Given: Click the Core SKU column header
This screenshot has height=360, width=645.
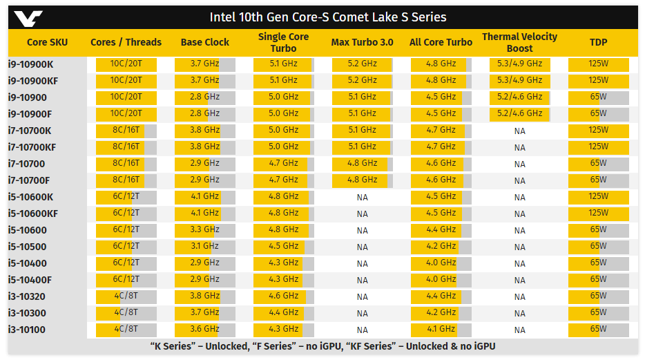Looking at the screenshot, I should (x=47, y=42).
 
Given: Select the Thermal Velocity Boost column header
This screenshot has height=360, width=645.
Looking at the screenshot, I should (x=519, y=42).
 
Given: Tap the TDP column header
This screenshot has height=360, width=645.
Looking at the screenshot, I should (x=598, y=42).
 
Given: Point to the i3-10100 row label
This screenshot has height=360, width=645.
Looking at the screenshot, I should (x=27, y=330).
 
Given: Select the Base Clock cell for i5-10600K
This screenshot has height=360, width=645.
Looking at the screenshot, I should (x=204, y=197).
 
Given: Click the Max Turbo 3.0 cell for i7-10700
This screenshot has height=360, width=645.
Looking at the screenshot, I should (x=362, y=164).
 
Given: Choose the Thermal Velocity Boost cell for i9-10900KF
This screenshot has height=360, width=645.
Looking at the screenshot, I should (x=519, y=81).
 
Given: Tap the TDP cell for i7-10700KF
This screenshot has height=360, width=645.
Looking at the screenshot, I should (x=598, y=147).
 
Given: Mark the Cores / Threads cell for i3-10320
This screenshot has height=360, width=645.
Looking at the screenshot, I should (x=126, y=296).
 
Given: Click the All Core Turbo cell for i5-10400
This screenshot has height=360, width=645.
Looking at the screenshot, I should (x=441, y=263).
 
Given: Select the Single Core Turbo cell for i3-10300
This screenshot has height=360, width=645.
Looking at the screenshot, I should (x=283, y=313).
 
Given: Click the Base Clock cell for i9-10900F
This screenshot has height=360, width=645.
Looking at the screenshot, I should (x=204, y=114).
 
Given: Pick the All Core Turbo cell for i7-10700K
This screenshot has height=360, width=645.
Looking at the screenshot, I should (x=441, y=131).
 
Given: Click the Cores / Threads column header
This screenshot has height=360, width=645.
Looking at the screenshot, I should (x=126, y=42).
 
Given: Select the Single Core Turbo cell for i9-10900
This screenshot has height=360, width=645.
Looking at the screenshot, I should (x=283, y=97).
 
